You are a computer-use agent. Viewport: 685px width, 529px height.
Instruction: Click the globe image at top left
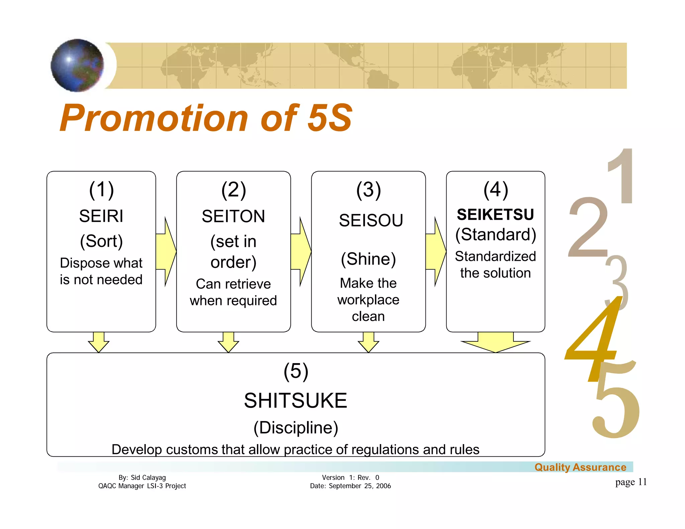pyautogui.click(x=77, y=65)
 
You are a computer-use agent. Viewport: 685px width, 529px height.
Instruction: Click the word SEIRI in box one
pyautogui.click(x=101, y=216)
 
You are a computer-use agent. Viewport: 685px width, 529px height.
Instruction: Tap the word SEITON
pyautogui.click(x=233, y=216)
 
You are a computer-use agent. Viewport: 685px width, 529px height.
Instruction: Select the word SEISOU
pyautogui.click(x=371, y=220)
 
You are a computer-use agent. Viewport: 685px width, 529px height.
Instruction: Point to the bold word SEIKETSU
pyautogui.click(x=495, y=214)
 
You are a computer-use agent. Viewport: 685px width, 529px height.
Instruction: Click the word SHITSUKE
pyautogui.click(x=295, y=400)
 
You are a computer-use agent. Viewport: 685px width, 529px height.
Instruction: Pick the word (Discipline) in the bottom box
pyautogui.click(x=296, y=427)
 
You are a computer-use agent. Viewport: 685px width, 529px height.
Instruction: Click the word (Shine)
pyautogui.click(x=368, y=259)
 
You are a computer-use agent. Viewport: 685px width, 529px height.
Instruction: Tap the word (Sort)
pyautogui.click(x=101, y=241)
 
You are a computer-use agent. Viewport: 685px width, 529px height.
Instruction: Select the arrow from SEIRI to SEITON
pyautogui.click(x=166, y=251)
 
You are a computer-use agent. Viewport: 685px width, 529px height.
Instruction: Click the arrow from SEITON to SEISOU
pyautogui.click(x=301, y=251)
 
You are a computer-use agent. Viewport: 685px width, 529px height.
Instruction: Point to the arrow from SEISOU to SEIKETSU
pyautogui.click(x=436, y=251)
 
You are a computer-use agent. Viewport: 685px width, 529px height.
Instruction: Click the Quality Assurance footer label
pyautogui.click(x=580, y=467)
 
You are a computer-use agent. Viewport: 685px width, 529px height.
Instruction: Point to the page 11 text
pyautogui.click(x=631, y=482)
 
